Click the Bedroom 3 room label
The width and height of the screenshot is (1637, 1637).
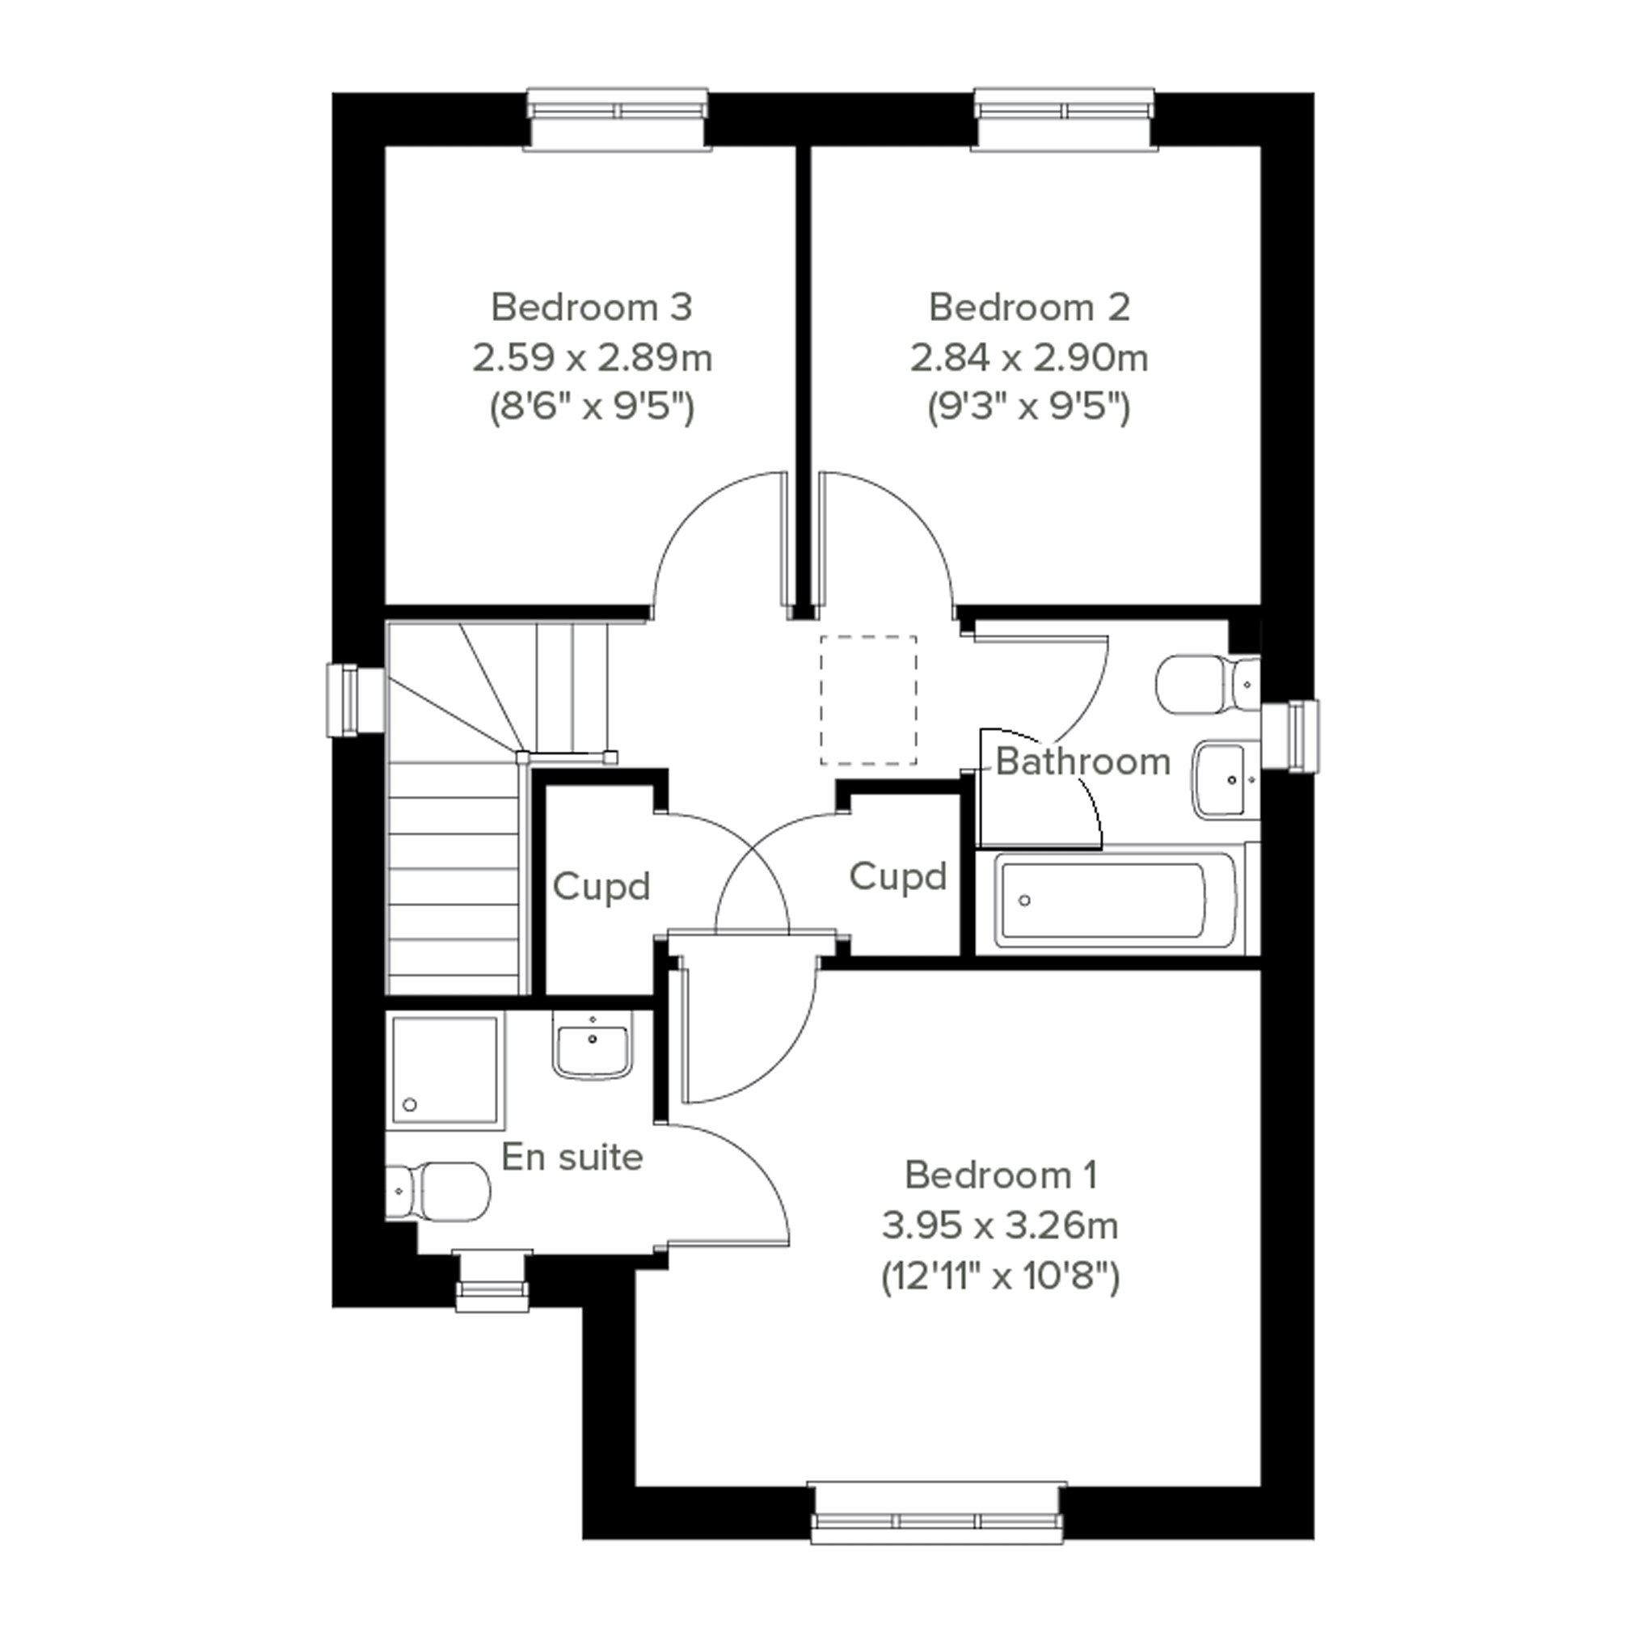coord(592,307)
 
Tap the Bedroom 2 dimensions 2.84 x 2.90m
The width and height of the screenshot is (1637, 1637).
coord(1029,358)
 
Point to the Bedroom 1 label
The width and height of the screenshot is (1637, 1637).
coord(1001,1175)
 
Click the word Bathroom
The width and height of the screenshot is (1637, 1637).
coord(1083,762)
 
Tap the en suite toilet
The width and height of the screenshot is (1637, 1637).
coord(438,1192)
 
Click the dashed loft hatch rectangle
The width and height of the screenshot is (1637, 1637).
coord(868,701)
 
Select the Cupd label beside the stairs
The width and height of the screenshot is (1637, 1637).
coord(601,887)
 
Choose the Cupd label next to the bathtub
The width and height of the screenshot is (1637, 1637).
coord(898,876)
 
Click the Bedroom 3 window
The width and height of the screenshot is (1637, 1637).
coord(617,119)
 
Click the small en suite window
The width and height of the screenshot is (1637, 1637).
coord(492,1280)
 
